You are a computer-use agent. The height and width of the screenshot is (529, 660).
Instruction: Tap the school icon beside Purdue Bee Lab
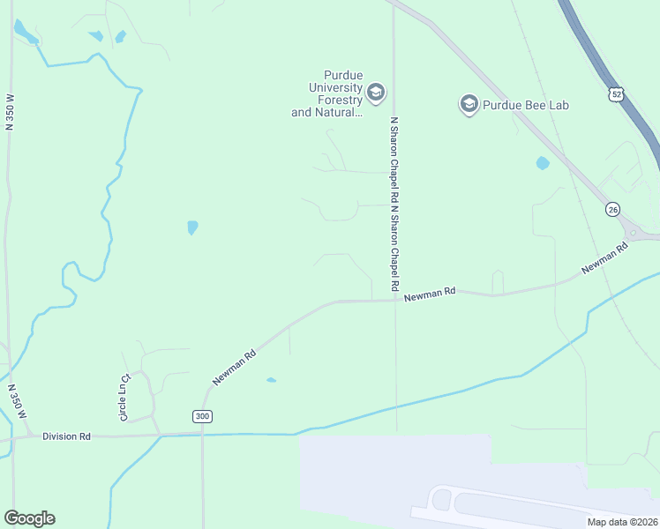[x=469, y=105]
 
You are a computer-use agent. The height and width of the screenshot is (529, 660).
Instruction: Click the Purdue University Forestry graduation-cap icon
[x=376, y=93]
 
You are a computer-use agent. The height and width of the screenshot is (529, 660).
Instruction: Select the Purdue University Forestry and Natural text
[x=327, y=93]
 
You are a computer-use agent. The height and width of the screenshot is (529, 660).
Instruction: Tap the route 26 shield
[x=612, y=209]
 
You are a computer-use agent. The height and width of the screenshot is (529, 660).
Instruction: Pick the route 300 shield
[x=202, y=416]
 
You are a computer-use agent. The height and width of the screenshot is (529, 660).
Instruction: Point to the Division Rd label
[x=66, y=436]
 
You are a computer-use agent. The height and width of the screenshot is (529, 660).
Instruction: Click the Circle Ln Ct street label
[x=124, y=398]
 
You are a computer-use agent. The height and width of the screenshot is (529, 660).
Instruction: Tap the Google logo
[x=29, y=518]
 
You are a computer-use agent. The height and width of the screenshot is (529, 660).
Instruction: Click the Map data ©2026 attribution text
[x=623, y=522]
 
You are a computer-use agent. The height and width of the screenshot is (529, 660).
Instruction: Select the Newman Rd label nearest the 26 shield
[x=604, y=257]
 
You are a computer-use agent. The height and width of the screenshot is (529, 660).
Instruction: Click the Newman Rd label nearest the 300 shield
[x=234, y=367]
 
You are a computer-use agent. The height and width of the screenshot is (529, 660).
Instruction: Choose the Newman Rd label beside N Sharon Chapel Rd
[x=430, y=294]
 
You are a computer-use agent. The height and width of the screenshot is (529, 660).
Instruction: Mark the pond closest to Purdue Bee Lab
[x=542, y=163]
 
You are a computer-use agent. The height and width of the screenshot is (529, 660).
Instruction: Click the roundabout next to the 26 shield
[x=634, y=232]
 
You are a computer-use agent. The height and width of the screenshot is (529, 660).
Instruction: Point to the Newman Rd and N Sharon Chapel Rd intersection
[x=394, y=300]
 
